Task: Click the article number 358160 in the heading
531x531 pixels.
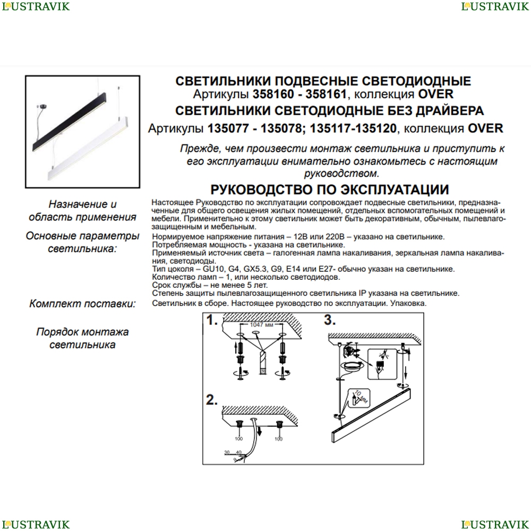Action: pos(273,94)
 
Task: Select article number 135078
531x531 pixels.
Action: pos(281,129)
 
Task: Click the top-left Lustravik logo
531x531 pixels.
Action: pos(36,6)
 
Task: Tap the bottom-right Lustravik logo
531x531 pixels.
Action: pos(495,525)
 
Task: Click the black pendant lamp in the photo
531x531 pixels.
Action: pos(69,122)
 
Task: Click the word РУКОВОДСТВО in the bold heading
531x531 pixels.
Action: pos(262,190)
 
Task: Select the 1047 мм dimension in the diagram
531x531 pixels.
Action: pos(261,325)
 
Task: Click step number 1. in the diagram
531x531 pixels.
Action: pos(212,320)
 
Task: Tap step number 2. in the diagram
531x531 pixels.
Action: pos(212,400)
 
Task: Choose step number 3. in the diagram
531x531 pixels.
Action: pos(330,320)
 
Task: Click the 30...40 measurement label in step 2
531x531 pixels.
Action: pos(233,452)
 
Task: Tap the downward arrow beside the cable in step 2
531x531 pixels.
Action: pos(260,432)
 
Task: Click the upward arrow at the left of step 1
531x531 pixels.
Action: pos(236,348)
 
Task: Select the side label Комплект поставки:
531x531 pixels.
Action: pos(83,303)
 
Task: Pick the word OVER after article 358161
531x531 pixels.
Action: pos(436,94)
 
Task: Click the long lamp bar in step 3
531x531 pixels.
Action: pos(371,416)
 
